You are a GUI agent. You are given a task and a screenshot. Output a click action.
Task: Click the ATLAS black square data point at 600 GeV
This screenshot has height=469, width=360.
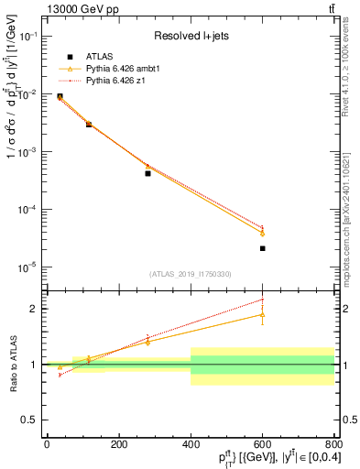[262, 248]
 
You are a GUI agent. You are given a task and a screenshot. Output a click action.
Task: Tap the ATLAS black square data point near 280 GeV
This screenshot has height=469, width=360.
[147, 173]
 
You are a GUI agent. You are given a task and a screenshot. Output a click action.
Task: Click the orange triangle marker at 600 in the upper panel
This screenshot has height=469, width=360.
[262, 234]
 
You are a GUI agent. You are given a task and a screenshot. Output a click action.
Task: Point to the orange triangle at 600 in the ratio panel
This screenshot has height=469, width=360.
[262, 314]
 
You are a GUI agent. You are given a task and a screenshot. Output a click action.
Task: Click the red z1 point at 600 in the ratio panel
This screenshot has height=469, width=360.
[262, 300]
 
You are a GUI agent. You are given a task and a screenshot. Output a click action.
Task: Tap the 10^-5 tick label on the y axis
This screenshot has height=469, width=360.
[27, 267]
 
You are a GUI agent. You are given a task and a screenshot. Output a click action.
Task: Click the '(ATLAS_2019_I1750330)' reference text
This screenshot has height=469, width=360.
[190, 274]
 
